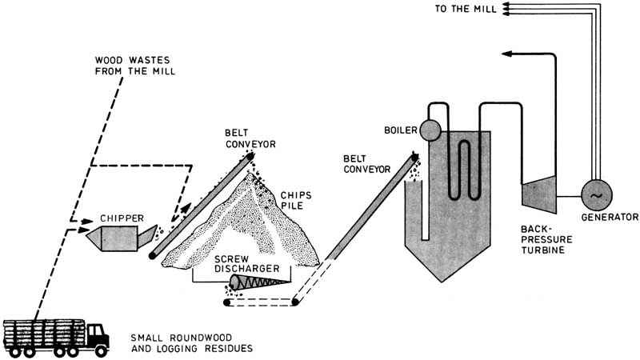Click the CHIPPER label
(122, 218)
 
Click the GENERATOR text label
(608, 217)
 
